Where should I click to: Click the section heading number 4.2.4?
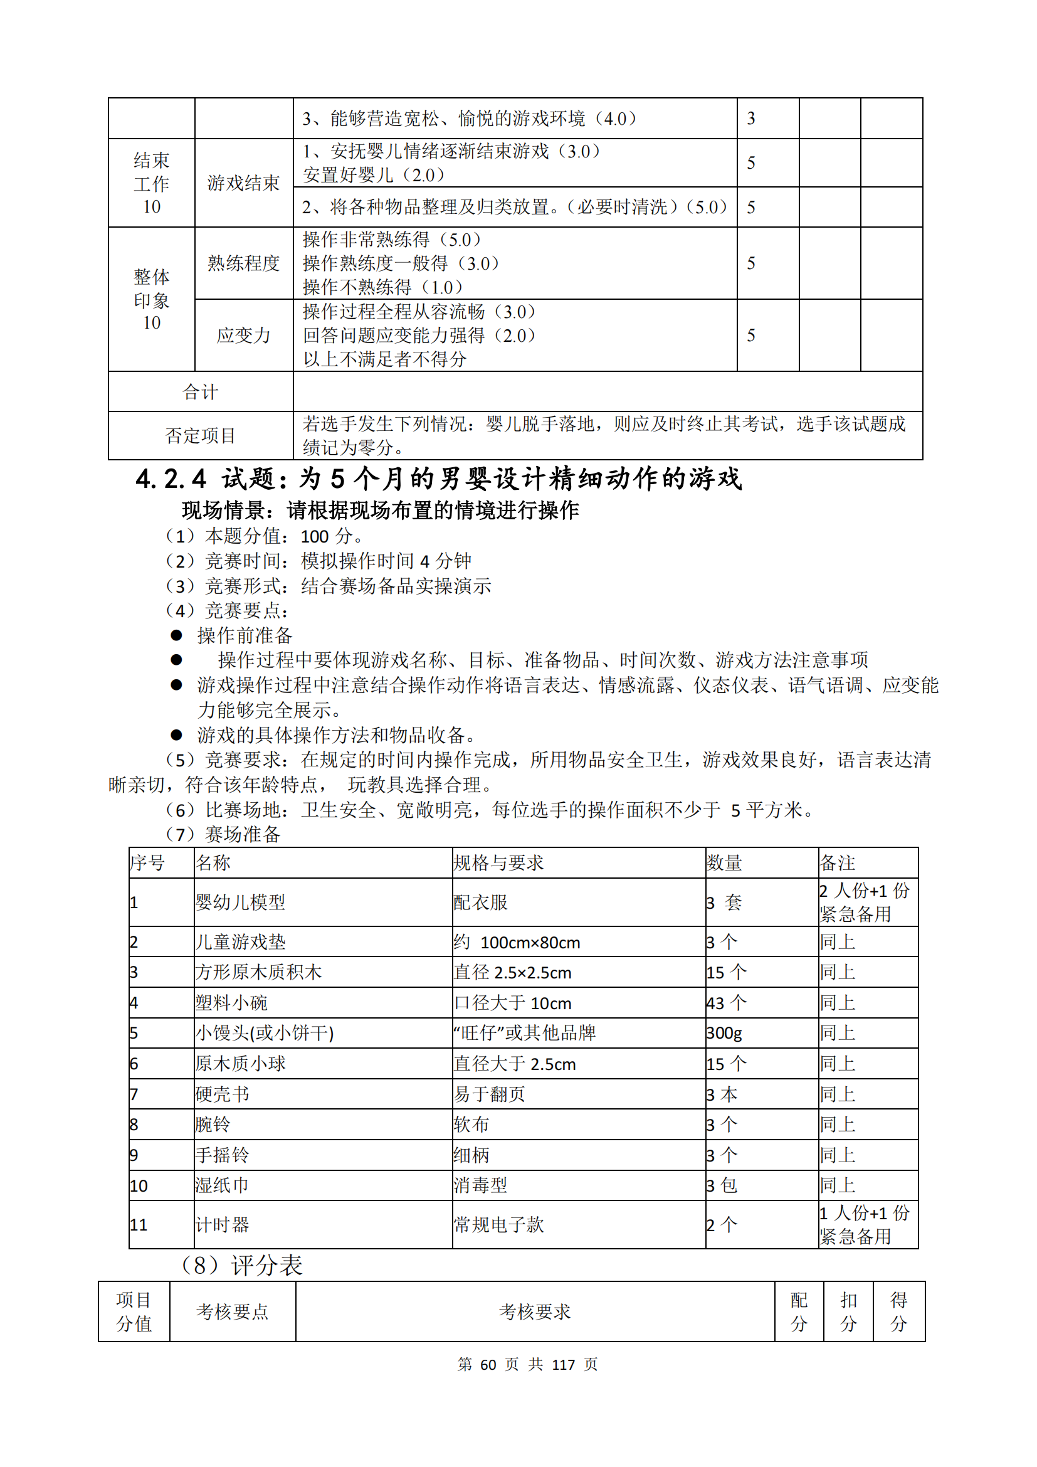coord(171,479)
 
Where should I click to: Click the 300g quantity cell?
coord(724,1033)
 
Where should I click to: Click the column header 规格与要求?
coord(498,863)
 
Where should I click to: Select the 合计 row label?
coord(201,391)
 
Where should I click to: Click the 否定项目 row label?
coord(201,436)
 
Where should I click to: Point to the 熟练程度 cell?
coord(243,263)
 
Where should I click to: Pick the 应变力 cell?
coord(243,336)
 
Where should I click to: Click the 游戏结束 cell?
coord(243,183)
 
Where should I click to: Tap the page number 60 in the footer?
coord(488,1365)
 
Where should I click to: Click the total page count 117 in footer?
coord(563,1365)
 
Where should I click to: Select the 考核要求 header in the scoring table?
coord(534,1311)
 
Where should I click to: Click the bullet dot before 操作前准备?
coord(176,635)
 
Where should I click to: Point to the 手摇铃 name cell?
coord(222,1155)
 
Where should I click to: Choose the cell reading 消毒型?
coord(480,1185)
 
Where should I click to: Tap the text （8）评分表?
coord(242,1265)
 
